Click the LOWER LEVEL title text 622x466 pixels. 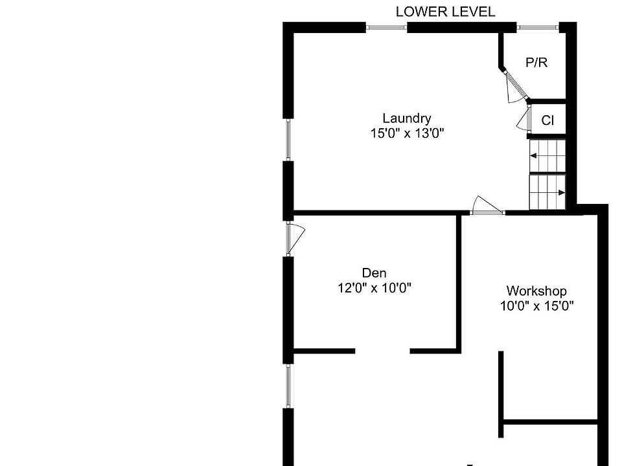click(446, 12)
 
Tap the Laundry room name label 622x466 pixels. click(407, 118)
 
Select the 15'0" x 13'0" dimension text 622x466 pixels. click(407, 133)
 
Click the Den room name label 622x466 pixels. click(374, 272)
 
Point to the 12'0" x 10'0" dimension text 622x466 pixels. click(374, 287)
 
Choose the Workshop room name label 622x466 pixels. click(536, 291)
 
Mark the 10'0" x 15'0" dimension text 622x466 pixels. click(536, 306)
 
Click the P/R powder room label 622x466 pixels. click(536, 63)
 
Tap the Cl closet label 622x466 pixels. click(547, 120)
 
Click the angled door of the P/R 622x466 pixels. click(514, 86)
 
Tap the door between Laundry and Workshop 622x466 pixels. click(487, 206)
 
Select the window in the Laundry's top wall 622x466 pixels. click(386, 27)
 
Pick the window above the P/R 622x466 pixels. click(538, 27)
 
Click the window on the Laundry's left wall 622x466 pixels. click(288, 140)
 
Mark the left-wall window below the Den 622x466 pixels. click(288, 386)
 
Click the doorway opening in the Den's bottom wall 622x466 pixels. click(382, 351)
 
